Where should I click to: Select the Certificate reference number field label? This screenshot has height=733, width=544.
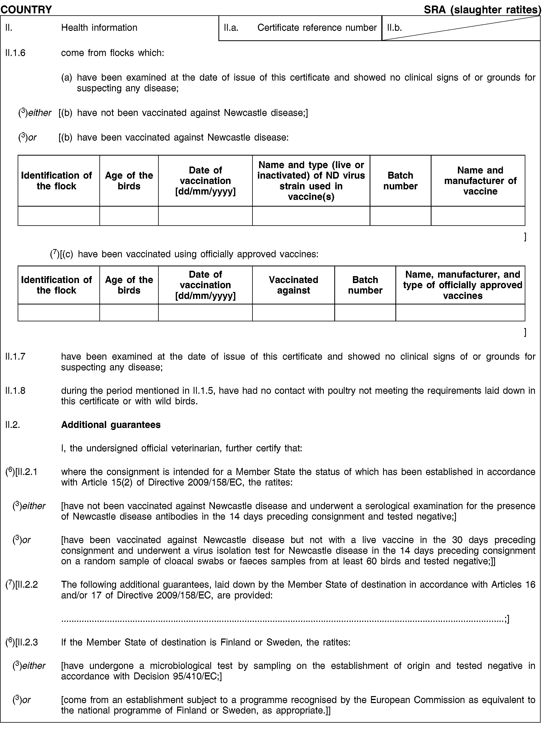317,28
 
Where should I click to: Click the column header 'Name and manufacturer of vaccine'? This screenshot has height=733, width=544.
480,181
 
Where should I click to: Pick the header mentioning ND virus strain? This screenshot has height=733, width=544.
311,181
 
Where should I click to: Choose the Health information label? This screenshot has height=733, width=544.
99,28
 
